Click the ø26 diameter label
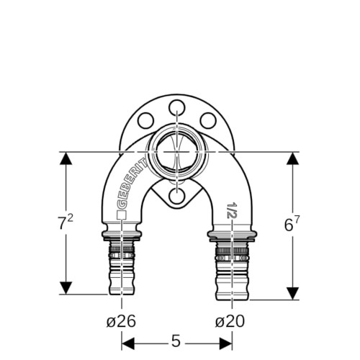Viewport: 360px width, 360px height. tap(121, 321)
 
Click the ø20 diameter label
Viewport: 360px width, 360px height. tap(230, 321)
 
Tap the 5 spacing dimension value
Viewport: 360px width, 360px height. tap(176, 341)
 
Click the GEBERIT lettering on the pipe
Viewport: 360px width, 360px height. tap(132, 183)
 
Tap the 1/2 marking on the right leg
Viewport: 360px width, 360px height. tap(232, 210)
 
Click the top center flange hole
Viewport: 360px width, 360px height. tap(177, 108)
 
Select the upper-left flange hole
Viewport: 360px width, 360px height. tap(145, 120)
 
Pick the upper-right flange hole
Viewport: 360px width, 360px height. tap(208, 120)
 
